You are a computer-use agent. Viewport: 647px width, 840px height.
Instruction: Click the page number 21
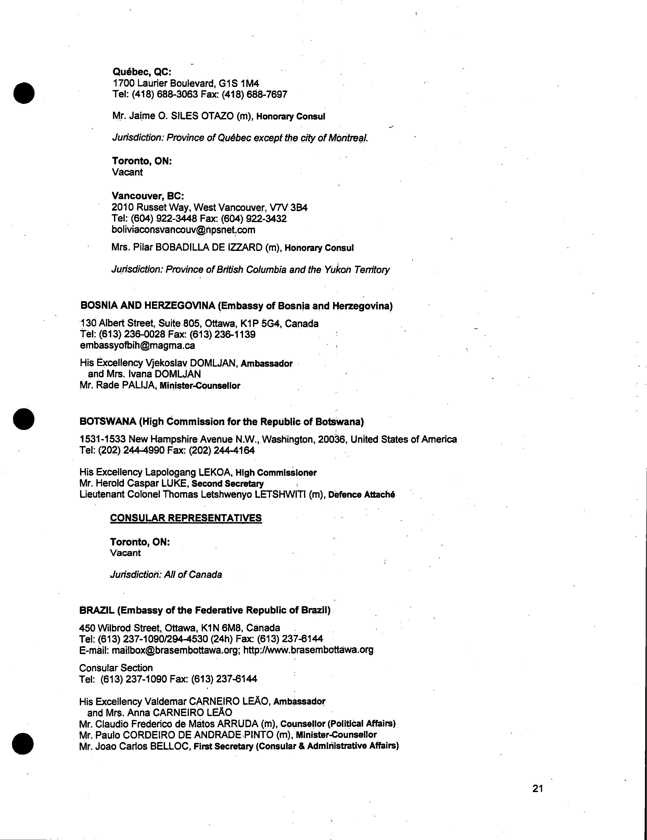pos(537,789)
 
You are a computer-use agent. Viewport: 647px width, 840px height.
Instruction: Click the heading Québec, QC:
pos(142,72)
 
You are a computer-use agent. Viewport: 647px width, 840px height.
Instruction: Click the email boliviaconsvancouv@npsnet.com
pos(183,230)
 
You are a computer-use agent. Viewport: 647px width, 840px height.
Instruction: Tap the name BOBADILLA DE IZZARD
pos(209,247)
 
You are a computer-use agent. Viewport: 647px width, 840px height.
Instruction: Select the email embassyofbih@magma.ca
pos(137,345)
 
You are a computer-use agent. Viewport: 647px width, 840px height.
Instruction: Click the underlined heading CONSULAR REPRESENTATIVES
pos(186,518)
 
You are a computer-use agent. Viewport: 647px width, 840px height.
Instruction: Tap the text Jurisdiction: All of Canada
pos(166,575)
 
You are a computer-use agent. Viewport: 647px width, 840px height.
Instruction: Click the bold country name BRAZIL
pos(97,610)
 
